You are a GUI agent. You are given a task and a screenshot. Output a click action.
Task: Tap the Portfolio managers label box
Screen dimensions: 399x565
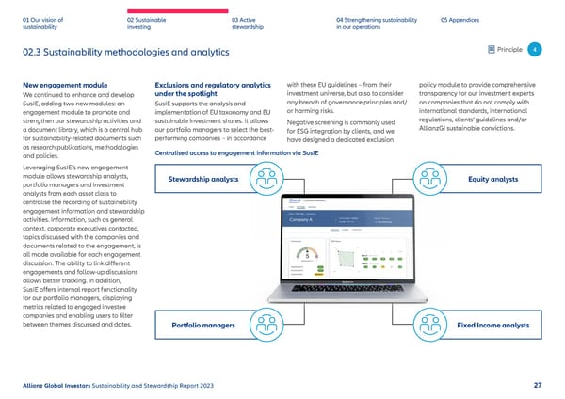[x=204, y=326]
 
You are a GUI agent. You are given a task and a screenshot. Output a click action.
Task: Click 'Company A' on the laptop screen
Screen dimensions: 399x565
[x=302, y=219]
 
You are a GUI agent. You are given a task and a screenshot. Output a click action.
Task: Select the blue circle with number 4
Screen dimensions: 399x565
[x=534, y=50]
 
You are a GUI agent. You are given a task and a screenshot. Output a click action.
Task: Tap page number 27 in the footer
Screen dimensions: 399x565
[x=536, y=384]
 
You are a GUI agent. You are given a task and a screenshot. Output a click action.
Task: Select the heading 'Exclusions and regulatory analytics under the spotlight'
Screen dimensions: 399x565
[x=211, y=90]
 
